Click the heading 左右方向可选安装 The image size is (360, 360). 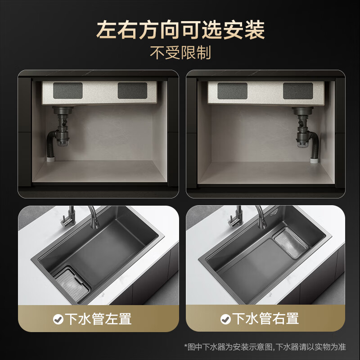(180, 30)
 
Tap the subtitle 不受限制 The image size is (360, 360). (180, 53)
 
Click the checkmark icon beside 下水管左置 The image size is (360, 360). (58, 319)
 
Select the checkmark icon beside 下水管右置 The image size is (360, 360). (225, 319)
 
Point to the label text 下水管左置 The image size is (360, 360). (99, 319)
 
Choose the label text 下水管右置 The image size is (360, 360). (266, 319)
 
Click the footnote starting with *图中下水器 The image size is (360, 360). (265, 347)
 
